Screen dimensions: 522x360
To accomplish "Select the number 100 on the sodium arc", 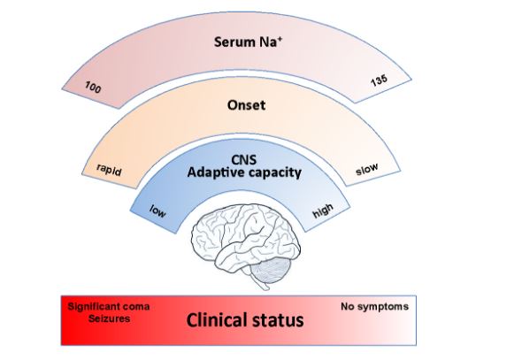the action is point(93,87).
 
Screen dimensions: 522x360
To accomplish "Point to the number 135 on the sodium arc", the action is point(380,80).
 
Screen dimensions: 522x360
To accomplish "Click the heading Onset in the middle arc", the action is point(246,105).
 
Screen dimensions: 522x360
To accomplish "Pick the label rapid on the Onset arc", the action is point(109,169).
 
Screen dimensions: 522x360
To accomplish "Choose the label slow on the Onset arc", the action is point(367,169).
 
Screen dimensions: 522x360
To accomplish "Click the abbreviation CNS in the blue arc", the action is point(244,160).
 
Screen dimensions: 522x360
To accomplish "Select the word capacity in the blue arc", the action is point(275,173).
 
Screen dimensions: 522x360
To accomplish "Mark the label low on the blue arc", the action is point(157,211).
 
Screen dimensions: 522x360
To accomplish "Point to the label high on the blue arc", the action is point(323,211).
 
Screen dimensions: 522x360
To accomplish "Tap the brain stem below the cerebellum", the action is point(260,281).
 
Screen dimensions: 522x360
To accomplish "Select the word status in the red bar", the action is point(278,320).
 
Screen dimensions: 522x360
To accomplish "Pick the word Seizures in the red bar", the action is point(109,318).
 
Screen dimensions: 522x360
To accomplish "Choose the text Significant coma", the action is point(109,307).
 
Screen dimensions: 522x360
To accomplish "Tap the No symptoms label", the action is point(374,306).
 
